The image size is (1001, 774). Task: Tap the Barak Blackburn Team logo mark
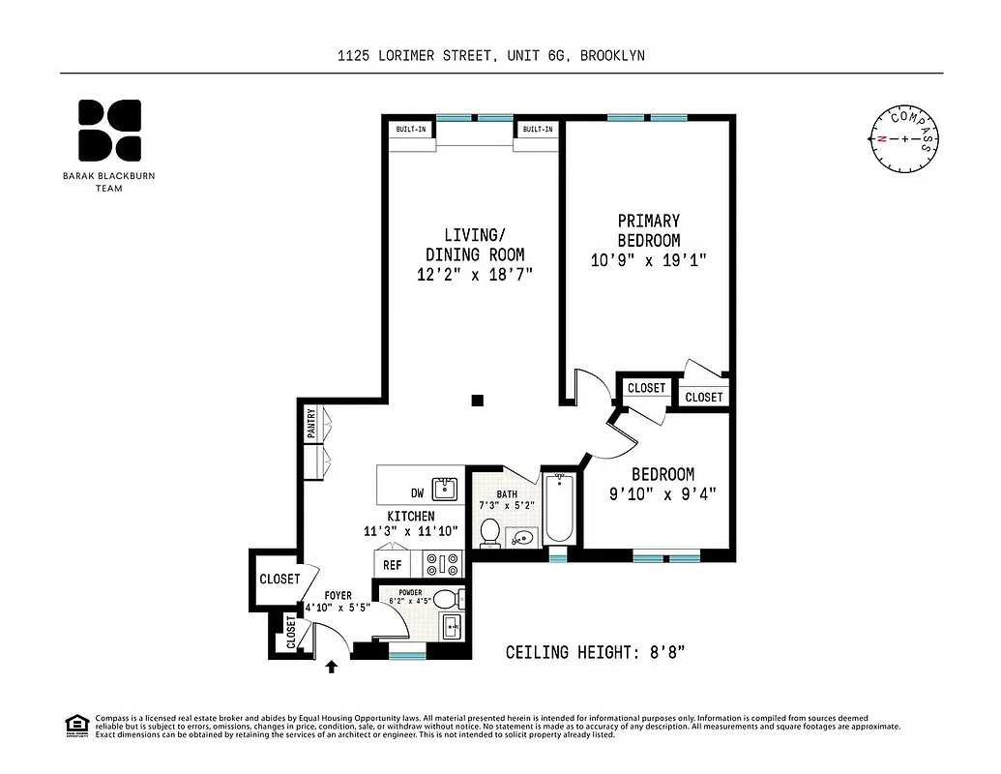(x=109, y=130)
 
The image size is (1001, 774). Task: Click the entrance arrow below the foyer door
(x=332, y=666)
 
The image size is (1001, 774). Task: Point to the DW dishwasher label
(x=416, y=491)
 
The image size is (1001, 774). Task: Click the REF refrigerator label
(x=392, y=565)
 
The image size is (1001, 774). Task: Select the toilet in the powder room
(x=446, y=598)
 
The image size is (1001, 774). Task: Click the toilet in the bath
(x=490, y=532)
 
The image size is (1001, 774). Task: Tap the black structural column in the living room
(x=478, y=400)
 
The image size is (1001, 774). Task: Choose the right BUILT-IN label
(x=538, y=129)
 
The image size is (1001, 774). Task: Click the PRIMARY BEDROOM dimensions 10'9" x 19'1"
(x=649, y=260)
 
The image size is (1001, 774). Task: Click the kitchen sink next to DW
(x=446, y=486)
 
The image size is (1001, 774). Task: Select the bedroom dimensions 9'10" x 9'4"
(x=662, y=494)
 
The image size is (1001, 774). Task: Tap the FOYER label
(x=338, y=595)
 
